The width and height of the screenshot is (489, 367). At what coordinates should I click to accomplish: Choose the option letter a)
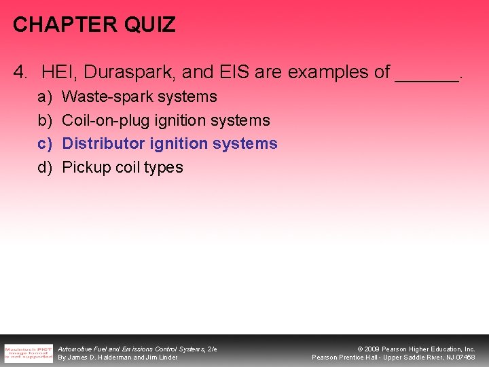pos(45,97)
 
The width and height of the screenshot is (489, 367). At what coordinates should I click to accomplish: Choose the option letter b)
pos(45,121)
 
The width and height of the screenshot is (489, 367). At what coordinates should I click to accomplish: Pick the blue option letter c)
pos(45,144)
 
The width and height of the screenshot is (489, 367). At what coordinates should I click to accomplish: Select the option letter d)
pos(45,167)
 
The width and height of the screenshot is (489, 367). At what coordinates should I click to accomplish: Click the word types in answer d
pos(164,168)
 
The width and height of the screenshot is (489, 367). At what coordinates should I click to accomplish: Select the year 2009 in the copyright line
pos(372,349)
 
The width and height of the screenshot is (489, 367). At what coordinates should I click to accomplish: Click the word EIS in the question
pos(240,71)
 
